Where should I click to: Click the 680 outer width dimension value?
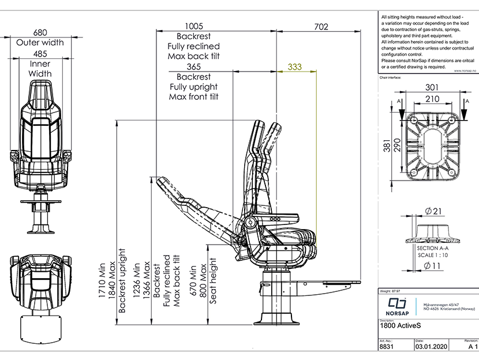tap(40, 33)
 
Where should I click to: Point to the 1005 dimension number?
tap(194, 25)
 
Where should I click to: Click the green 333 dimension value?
tap(294, 67)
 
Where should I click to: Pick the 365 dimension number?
tap(194, 67)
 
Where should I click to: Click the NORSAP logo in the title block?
tap(395, 306)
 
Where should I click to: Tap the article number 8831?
tap(386, 348)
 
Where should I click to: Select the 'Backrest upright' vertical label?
tap(122, 280)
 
